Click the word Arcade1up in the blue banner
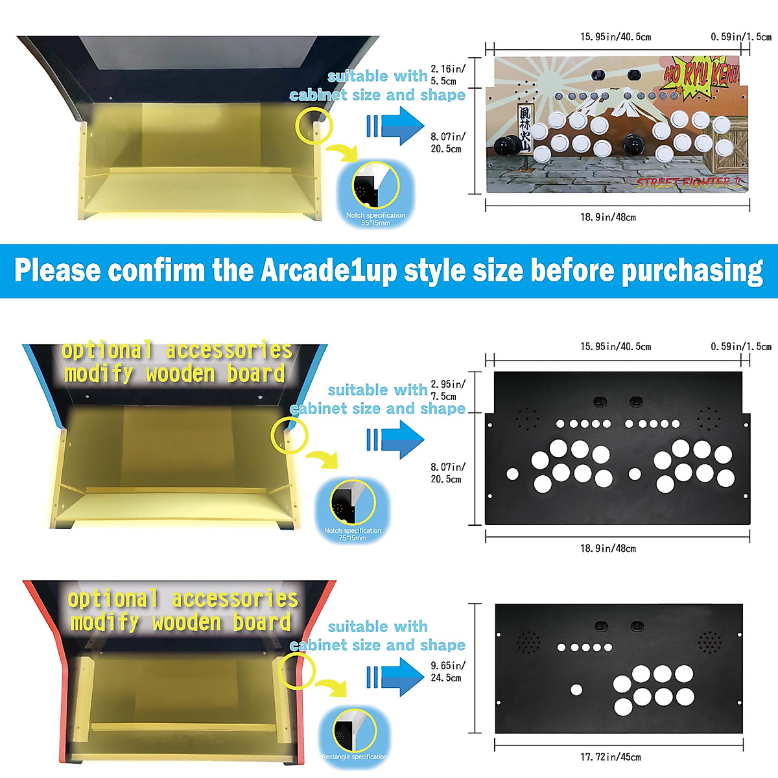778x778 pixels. pos(329,271)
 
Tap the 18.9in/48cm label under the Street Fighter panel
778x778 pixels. pos(607,217)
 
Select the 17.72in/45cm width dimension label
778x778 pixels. pos(610,757)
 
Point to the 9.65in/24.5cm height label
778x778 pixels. pos(447,672)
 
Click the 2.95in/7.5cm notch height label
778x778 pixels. pos(447,390)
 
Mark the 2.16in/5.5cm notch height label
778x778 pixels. pos(447,75)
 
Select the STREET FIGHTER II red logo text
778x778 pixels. pos(689,183)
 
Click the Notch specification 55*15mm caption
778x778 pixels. pos(375,218)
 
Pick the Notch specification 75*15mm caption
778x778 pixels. pos(353,534)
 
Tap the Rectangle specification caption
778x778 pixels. pos(355,757)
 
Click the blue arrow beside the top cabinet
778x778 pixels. pos(395,125)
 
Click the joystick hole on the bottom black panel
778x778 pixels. pos(576,690)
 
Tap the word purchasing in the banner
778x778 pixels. pos(692,271)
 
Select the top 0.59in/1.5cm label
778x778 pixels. pos(740,37)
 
